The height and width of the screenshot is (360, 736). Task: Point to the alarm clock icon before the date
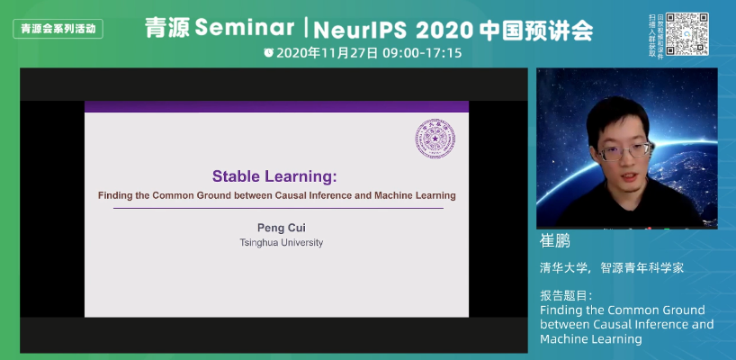pos(268,53)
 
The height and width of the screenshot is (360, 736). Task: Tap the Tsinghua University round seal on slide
pos(435,139)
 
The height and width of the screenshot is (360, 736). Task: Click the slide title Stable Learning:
pos(276,175)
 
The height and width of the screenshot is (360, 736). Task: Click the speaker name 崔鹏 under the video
pos(555,243)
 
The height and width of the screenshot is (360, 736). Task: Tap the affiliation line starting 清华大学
pos(612,267)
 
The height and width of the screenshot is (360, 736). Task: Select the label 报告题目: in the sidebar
pos(566,295)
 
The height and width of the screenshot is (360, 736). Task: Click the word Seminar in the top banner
pos(240,29)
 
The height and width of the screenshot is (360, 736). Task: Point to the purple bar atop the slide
pos(276,106)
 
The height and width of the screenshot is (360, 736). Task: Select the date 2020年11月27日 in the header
pos(327,53)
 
